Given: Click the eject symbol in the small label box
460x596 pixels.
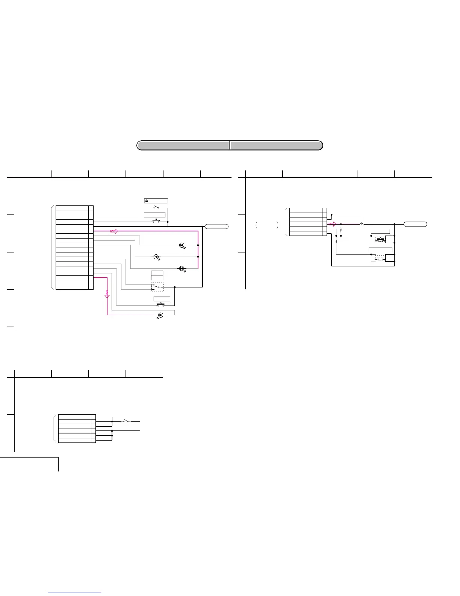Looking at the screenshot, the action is (147, 201).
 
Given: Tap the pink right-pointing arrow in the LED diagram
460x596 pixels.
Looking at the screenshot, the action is (114, 231).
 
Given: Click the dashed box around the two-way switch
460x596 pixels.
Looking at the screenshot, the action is (157, 287).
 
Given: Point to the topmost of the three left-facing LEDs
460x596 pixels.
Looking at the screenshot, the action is (182, 245).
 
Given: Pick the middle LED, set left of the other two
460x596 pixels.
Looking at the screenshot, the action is (156, 257).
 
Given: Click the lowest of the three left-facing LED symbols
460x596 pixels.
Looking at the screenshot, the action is (182, 268).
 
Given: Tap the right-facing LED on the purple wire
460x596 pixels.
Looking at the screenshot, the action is (160, 315).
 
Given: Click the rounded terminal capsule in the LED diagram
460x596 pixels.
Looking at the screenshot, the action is (216, 226).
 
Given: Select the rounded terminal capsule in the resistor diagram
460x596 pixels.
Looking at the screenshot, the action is (415, 224).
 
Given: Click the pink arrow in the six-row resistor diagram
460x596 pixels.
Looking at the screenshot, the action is (331, 224).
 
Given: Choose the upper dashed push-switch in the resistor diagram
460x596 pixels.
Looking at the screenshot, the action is (380, 239).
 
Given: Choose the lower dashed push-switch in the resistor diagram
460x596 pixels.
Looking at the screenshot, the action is (380, 258).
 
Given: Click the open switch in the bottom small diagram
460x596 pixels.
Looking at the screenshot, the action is (126, 421).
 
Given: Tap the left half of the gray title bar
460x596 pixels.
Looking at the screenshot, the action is (183, 145).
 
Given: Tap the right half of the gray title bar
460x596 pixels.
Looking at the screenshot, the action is (276, 145).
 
